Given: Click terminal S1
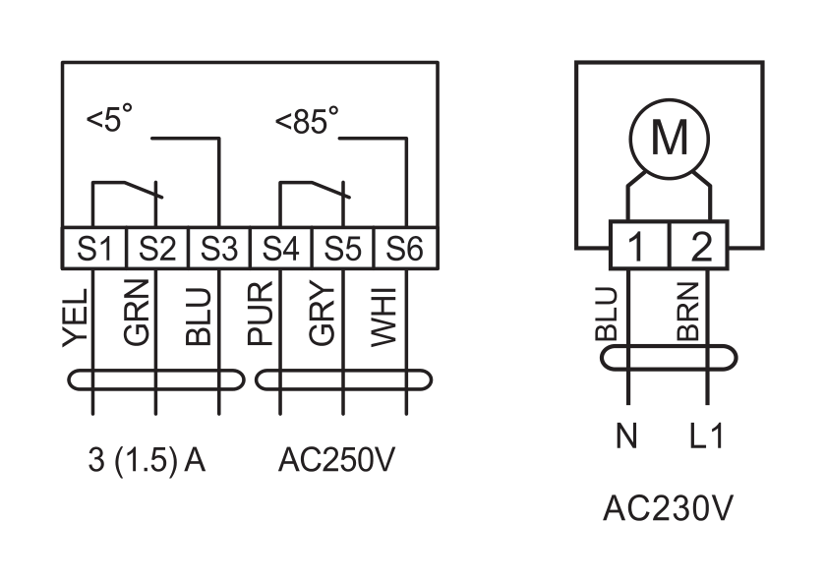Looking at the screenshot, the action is tap(94, 249).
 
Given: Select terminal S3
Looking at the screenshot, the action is tap(219, 249).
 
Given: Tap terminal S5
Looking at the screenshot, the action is tap(343, 249).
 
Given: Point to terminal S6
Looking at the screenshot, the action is tap(405, 249).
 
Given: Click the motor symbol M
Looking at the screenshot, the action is tap(670, 139).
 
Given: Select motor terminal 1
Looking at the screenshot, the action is tap(639, 245).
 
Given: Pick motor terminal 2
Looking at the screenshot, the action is tap(699, 245).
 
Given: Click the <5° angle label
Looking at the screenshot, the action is tap(109, 117).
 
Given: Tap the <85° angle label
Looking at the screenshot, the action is tap(307, 120).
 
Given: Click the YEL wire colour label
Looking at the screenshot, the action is tap(75, 318).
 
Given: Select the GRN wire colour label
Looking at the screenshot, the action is tap(137, 313).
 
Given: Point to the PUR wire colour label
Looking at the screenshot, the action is tap(260, 314).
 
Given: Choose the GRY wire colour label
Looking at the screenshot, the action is tap(322, 314).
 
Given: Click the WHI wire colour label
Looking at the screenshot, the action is tap(383, 318).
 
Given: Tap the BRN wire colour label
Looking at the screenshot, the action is tap(687, 312).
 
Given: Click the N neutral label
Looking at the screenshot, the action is tap(626, 436).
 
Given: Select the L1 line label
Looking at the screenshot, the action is tap(707, 436).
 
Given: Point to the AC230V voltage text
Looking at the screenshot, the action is tap(668, 508).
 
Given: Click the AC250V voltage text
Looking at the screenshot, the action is tap(336, 460).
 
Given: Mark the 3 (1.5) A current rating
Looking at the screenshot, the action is tap(147, 461).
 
